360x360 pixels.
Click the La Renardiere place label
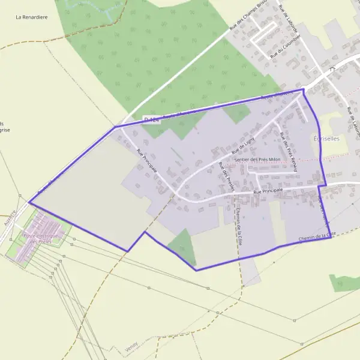(x=31, y=17)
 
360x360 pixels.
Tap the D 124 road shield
(x=152, y=121)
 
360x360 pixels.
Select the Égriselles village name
(x=326, y=139)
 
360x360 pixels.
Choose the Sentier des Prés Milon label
(x=258, y=160)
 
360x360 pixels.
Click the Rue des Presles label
(x=226, y=176)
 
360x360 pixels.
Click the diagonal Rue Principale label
(x=146, y=160)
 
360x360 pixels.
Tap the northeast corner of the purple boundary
(x=303, y=89)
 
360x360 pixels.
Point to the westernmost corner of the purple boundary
(x=29, y=203)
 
